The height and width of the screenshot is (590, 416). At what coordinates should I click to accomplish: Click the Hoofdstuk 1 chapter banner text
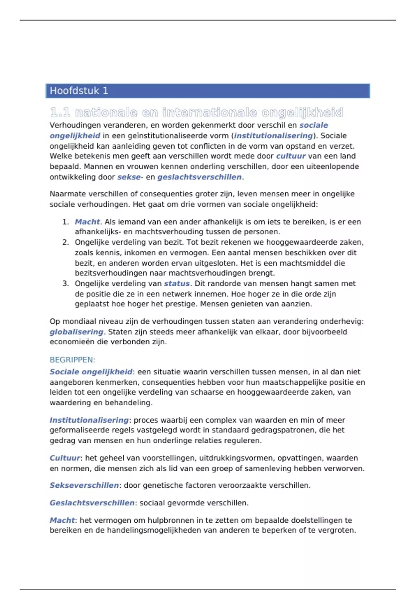point(79,91)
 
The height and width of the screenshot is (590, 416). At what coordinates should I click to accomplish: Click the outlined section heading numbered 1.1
point(197,112)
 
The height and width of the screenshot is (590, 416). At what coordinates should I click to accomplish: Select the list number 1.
point(66,222)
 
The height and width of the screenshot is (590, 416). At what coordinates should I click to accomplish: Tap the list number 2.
point(66,242)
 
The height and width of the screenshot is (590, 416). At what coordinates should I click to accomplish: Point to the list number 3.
point(66,284)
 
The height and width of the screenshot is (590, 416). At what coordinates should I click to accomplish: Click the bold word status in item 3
point(177,284)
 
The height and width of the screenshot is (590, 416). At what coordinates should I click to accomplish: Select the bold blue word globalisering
point(76,332)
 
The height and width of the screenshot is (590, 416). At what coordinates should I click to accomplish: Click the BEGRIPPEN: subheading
point(72,360)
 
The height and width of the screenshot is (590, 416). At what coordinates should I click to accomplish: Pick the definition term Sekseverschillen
point(84,485)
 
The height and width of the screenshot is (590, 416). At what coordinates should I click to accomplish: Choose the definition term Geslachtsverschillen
point(92,503)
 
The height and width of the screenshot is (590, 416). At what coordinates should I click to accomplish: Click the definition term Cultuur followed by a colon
point(65,458)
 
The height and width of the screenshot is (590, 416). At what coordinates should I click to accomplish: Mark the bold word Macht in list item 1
point(87,222)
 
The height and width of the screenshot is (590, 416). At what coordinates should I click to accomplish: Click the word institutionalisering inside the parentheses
point(273,136)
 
